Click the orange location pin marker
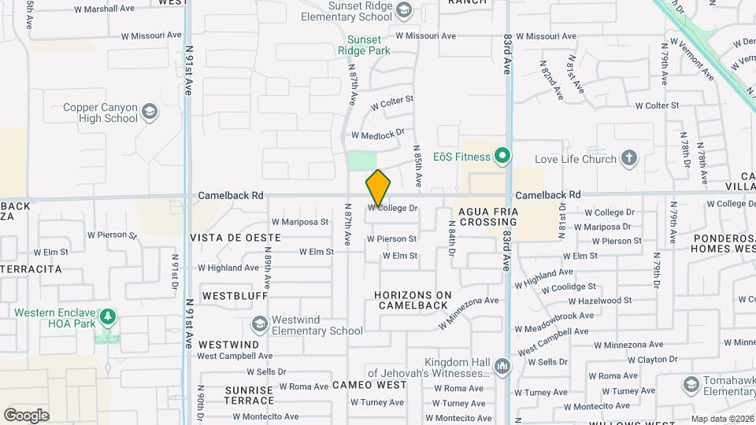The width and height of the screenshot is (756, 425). [x=378, y=188]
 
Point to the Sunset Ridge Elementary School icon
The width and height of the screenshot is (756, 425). [x=404, y=9]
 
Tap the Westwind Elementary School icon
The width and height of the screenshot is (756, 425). [x=259, y=324]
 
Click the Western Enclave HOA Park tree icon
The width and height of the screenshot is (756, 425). [x=107, y=318]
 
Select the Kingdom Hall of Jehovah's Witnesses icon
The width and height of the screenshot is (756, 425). [x=502, y=366]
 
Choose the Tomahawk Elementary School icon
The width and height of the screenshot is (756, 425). [x=691, y=384]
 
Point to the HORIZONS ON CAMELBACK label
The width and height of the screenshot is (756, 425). [x=413, y=301]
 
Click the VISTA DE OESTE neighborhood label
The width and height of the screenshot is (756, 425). [x=235, y=237]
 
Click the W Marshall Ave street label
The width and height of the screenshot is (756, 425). [x=104, y=9]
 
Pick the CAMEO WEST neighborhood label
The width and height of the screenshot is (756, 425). [x=369, y=385]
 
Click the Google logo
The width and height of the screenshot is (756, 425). [x=26, y=415]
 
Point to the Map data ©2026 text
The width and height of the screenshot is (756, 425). [x=721, y=419]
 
